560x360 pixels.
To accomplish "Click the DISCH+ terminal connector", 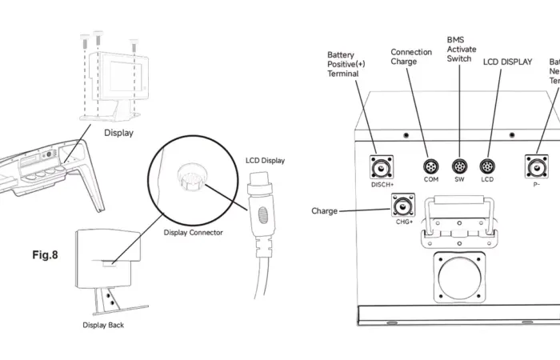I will click(x=382, y=166).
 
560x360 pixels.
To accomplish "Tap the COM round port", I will click(x=431, y=166).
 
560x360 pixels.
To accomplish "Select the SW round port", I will click(x=459, y=166).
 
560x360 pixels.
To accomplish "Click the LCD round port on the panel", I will click(x=486, y=166).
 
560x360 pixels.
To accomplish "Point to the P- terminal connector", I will click(x=535, y=166).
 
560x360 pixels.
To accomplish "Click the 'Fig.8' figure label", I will click(x=47, y=255).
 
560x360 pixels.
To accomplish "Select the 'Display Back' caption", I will click(x=102, y=325).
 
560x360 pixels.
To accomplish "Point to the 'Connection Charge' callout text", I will click(x=411, y=57).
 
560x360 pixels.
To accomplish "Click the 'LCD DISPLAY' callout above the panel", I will click(x=507, y=61).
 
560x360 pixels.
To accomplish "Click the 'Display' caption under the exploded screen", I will click(x=118, y=133).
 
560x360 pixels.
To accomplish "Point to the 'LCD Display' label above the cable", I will click(x=265, y=161).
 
